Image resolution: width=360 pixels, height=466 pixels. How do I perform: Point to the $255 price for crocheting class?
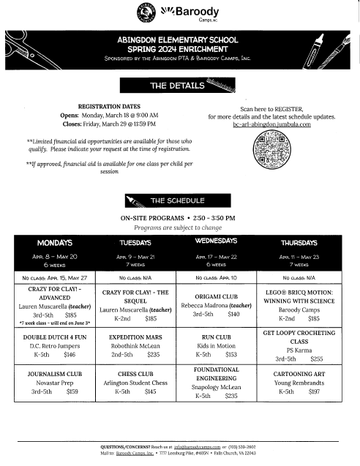316,359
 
